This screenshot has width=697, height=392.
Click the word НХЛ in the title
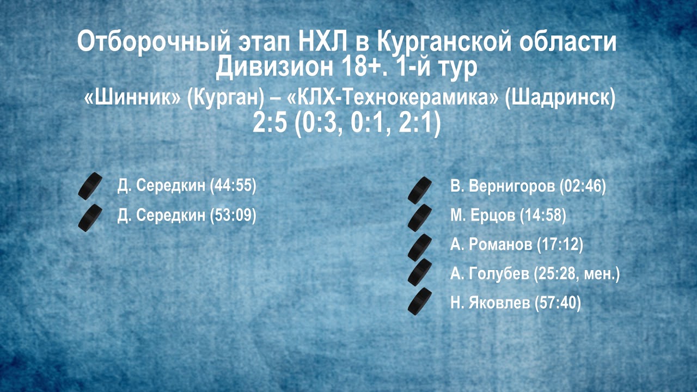click(323, 41)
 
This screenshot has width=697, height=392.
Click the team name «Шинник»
click(132, 98)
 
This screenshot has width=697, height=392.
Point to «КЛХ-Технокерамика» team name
click(393, 98)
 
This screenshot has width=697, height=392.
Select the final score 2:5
click(270, 122)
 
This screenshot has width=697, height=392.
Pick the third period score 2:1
click(415, 122)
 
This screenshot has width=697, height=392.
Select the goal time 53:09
click(233, 215)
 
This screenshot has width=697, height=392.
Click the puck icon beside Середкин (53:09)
click(90, 218)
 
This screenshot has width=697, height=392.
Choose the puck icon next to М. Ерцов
click(420, 218)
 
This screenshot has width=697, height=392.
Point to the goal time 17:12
click(560, 244)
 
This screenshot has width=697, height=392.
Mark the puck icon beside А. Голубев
click(420, 273)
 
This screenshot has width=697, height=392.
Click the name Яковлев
click(499, 303)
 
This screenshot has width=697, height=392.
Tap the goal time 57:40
click(558, 303)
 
